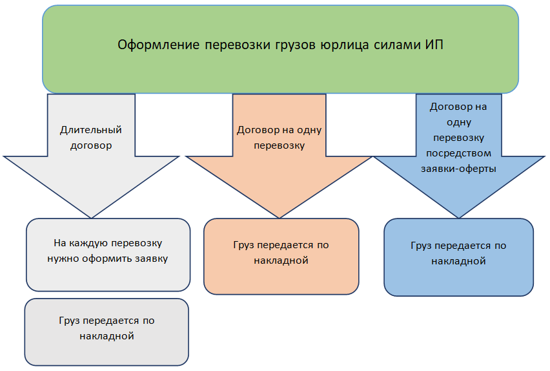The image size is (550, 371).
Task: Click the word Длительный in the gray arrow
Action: pos(91,130)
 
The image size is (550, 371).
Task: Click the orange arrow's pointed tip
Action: pos(280,217)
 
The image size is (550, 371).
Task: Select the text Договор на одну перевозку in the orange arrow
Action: pos(280,138)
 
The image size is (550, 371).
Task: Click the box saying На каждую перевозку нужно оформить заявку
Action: pos(108,255)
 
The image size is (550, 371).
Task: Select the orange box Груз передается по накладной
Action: pos(281,257)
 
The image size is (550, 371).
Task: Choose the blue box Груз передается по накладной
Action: pos(458,257)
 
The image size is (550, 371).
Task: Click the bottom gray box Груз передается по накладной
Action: pos(107,332)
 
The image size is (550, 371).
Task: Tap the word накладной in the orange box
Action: pos(281,261)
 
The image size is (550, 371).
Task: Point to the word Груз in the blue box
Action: pos(422,246)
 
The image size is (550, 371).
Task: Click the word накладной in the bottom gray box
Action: pos(107,336)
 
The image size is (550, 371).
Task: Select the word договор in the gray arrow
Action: pos(91,145)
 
